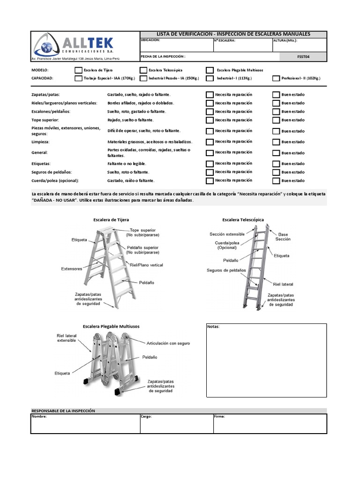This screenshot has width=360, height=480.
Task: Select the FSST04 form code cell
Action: [303, 57]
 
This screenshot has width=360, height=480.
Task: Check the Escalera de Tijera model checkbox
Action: [78, 70]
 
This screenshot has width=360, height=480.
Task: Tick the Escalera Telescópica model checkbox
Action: [143, 70]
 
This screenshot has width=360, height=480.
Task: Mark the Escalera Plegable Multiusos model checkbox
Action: [210, 70]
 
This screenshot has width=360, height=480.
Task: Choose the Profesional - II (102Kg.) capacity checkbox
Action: [276, 78]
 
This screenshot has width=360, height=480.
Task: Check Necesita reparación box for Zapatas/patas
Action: [210, 95]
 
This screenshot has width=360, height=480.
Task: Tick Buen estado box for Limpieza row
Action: [276, 142]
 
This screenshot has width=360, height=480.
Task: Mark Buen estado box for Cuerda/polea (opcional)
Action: [276, 180]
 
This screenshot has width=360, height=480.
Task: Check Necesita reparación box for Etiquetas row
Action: [210, 164]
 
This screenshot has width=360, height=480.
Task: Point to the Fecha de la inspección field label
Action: [163, 56]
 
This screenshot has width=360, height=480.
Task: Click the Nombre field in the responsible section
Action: [85, 424]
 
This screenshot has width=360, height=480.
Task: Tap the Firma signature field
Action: [270, 424]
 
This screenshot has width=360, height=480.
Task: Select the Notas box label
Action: [213, 327]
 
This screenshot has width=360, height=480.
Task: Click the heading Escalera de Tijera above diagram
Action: [111, 219]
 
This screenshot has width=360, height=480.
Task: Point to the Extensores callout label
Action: [71, 269]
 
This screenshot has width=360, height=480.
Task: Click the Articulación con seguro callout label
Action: [168, 344]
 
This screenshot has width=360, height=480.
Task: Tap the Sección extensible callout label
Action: [227, 234]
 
